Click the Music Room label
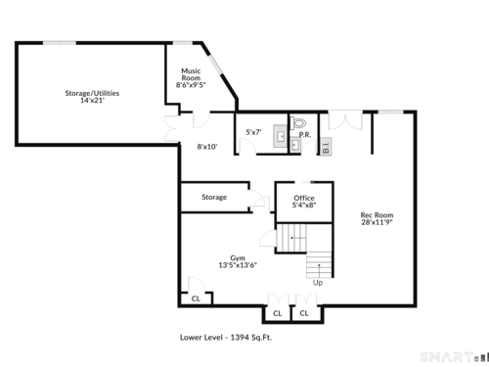(x=191, y=74)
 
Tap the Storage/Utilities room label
(x=92, y=93)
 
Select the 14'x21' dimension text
(x=92, y=101)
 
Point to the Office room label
(x=304, y=198)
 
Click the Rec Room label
(x=377, y=215)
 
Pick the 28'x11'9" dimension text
(x=377, y=222)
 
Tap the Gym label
(x=238, y=258)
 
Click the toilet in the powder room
(x=298, y=123)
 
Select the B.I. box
(x=326, y=147)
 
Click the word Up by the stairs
(x=318, y=283)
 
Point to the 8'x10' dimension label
(x=207, y=147)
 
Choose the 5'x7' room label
(x=253, y=132)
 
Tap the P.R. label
(x=305, y=134)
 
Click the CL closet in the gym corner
(x=196, y=298)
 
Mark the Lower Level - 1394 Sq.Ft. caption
(x=226, y=338)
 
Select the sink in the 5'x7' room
(x=281, y=136)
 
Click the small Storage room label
(x=214, y=197)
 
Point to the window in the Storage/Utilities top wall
(x=60, y=43)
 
